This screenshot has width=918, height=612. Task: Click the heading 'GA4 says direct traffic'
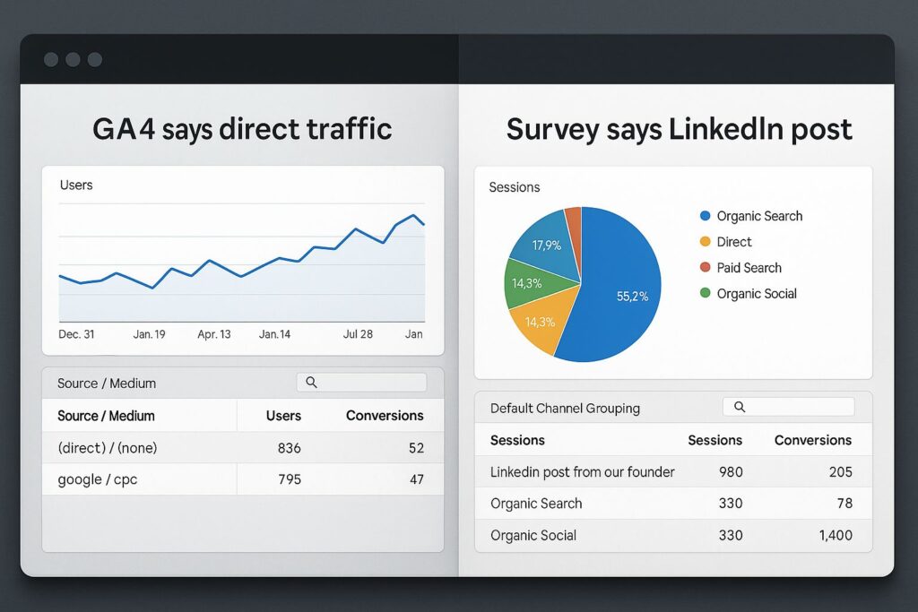pyautogui.click(x=242, y=129)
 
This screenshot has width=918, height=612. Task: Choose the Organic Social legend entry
pyautogui.click(x=756, y=293)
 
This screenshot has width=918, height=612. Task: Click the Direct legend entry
pyautogui.click(x=733, y=242)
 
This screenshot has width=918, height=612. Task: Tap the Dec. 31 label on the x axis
pyautogui.click(x=77, y=334)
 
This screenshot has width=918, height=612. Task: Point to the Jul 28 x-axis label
pyautogui.click(x=358, y=334)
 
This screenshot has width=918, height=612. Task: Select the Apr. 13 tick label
pyautogui.click(x=213, y=334)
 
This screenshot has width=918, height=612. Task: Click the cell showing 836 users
pyautogui.click(x=289, y=448)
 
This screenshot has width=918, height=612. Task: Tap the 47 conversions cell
pyautogui.click(x=416, y=479)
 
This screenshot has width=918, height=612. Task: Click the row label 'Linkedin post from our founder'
pyautogui.click(x=582, y=471)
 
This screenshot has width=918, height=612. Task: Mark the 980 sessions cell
pyautogui.click(x=730, y=471)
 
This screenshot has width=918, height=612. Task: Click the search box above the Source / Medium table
pyautogui.click(x=361, y=383)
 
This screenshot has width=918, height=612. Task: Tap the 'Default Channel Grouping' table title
pyautogui.click(x=565, y=408)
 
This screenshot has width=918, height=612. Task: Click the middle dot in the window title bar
pyautogui.click(x=73, y=60)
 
